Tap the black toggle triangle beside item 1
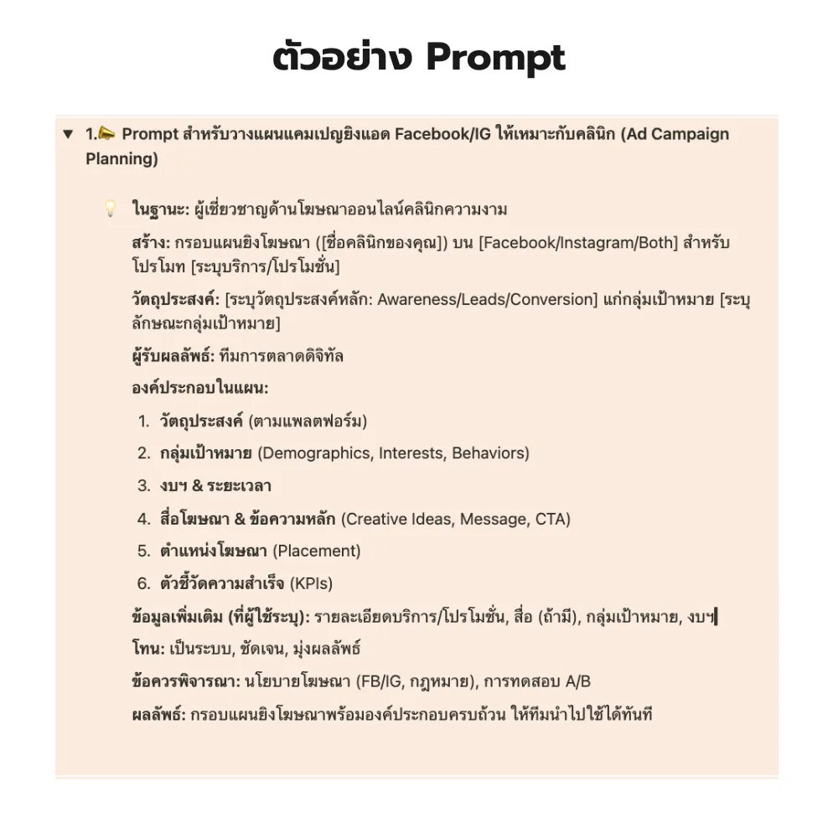click(x=68, y=135)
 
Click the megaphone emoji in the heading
click(x=108, y=134)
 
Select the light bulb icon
click(x=110, y=209)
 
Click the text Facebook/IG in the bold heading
click(x=449, y=134)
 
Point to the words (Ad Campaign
click(x=675, y=134)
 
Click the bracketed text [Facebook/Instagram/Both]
click(x=564, y=243)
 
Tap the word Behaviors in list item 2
click(x=490, y=453)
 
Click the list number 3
click(x=144, y=486)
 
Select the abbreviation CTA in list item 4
click(x=552, y=519)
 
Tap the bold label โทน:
click(x=148, y=649)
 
